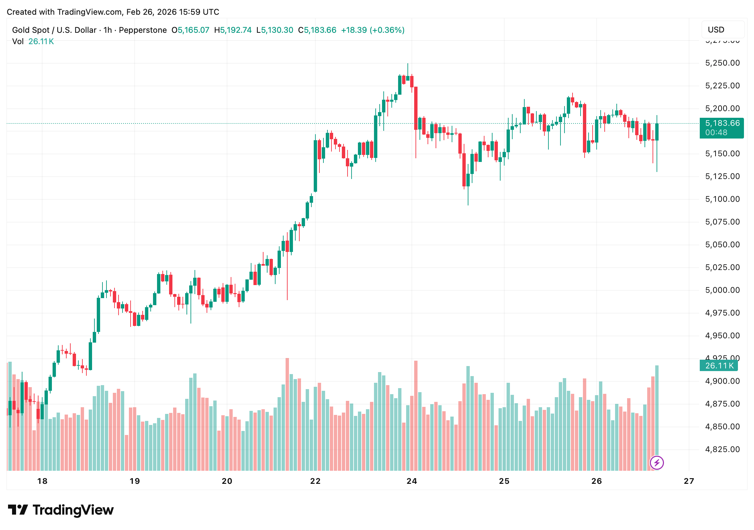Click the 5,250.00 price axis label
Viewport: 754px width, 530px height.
pyautogui.click(x=722, y=63)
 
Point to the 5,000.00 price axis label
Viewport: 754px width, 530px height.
pyautogui.click(x=722, y=290)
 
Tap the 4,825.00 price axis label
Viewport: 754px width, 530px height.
pyautogui.click(x=722, y=449)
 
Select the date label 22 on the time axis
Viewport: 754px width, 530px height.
pyautogui.click(x=315, y=481)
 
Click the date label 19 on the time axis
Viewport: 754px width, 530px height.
pyautogui.click(x=135, y=481)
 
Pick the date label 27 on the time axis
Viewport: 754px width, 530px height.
pyautogui.click(x=689, y=481)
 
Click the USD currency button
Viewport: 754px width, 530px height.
pyautogui.click(x=723, y=30)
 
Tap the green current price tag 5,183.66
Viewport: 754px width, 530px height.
pyautogui.click(x=722, y=123)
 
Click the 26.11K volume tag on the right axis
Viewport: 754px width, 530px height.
pyautogui.click(x=719, y=366)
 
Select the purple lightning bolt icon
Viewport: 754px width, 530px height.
pyautogui.click(x=657, y=463)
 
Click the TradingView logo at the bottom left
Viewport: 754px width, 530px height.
pyautogui.click(x=61, y=510)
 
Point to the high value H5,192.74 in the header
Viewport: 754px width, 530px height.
pyautogui.click(x=233, y=30)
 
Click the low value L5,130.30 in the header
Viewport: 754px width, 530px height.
pyautogui.click(x=275, y=30)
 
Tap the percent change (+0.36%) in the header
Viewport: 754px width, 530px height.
pyautogui.click(x=387, y=30)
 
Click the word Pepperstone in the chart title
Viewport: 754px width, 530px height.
pyautogui.click(x=143, y=30)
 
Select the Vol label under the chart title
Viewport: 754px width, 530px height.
pyautogui.click(x=18, y=41)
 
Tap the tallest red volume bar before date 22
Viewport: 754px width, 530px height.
pyautogui.click(x=287, y=415)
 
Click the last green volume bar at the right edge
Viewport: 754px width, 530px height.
pyautogui.click(x=657, y=418)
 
